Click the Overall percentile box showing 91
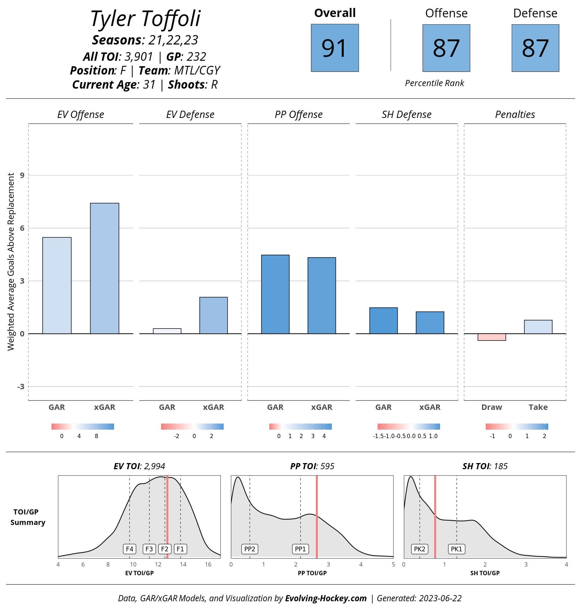[335, 48]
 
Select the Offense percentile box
[446, 48]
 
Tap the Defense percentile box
[535, 48]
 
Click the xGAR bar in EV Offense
[105, 268]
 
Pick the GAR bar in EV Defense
[167, 331]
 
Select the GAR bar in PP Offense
[275, 294]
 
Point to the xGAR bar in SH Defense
[430, 322]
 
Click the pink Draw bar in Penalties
[491, 337]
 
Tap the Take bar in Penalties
[538, 327]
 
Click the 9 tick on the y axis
[22, 175]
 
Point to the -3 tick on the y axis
[21, 387]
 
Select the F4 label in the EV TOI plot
[130, 549]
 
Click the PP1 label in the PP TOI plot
[300, 549]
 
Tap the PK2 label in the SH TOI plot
[419, 549]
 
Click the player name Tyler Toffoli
[145, 19]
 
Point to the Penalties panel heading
[515, 115]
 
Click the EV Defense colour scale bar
[192, 427]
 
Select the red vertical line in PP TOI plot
[317, 517]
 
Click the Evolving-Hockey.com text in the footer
[326, 598]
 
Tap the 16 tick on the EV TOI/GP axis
[208, 564]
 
